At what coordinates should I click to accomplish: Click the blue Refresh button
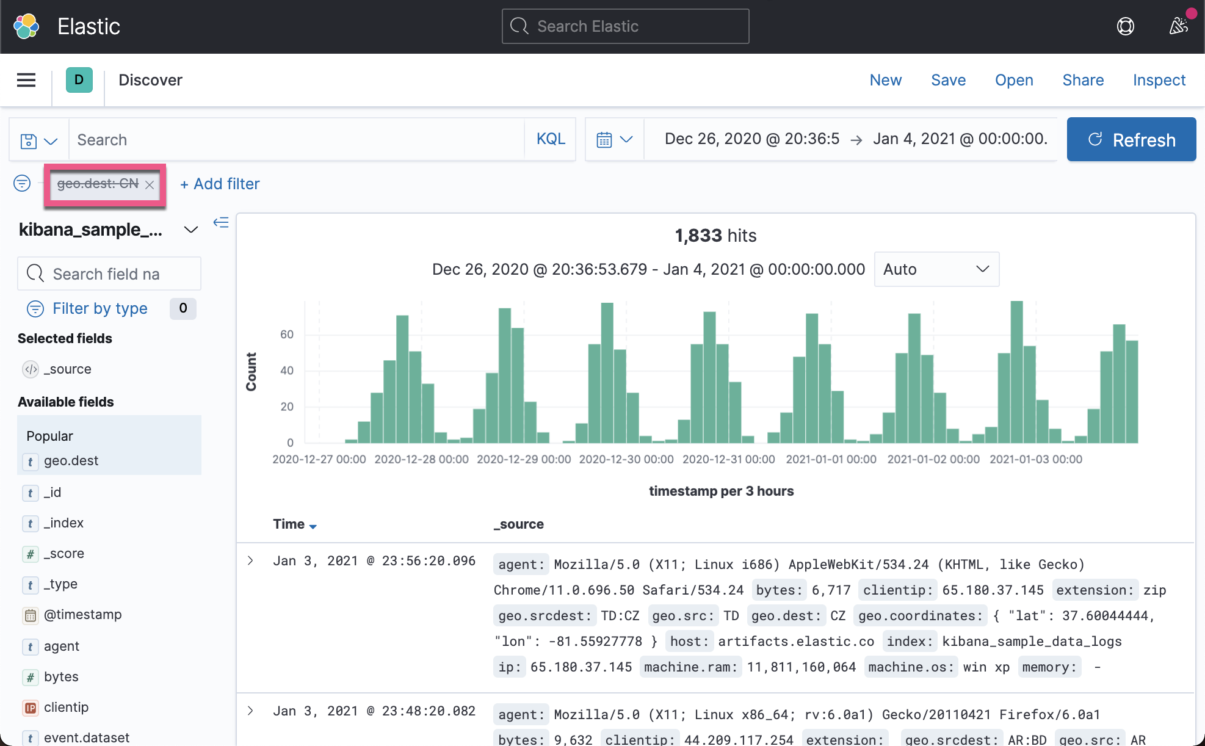[x=1131, y=140]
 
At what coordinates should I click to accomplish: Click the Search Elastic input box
[x=625, y=26]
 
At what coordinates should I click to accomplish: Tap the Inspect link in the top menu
[x=1159, y=80]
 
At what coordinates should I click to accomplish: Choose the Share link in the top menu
[x=1083, y=80]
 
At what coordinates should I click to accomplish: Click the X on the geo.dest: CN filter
[x=150, y=184]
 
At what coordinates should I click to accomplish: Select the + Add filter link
[x=220, y=184]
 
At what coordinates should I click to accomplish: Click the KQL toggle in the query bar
[x=551, y=139]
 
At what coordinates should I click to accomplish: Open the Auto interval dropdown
[x=936, y=269]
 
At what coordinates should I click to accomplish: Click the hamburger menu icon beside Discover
[x=26, y=80]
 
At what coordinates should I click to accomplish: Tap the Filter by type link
[x=100, y=308]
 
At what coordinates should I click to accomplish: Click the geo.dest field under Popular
[x=71, y=461]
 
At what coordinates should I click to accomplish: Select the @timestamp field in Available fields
[x=82, y=615]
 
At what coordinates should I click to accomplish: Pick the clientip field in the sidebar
[x=66, y=708]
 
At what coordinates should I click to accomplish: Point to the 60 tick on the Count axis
[x=287, y=335]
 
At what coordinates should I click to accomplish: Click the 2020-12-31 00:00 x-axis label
[x=728, y=459]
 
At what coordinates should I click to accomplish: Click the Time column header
[x=289, y=524]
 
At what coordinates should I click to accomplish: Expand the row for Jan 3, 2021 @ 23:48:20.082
[x=250, y=711]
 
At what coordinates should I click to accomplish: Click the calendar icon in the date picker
[x=604, y=140]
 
